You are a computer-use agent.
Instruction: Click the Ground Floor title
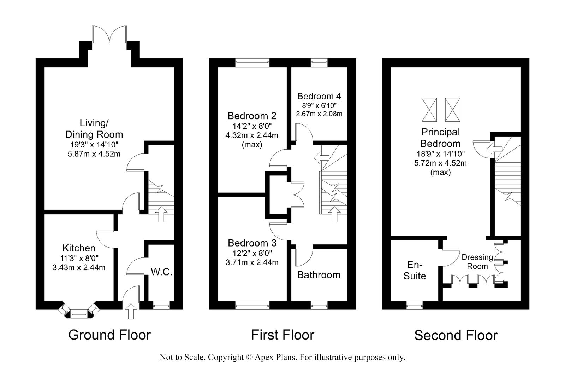pos(109,335)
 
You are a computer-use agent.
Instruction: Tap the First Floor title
pos(283,335)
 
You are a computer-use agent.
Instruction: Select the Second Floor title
pos(456,335)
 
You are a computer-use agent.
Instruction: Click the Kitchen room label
pos(79,248)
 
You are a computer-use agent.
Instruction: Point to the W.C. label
pos(161,272)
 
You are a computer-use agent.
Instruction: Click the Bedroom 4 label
pos(319,96)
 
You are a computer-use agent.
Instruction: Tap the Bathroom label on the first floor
pos(319,275)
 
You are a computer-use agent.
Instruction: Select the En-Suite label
pos(415,270)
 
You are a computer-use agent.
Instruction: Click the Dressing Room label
pos(477,262)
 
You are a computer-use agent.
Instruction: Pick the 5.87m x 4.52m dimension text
pos(94,154)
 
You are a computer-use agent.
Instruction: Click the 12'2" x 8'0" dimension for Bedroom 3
pos(252,253)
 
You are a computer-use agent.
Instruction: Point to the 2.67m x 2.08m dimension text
pos(319,114)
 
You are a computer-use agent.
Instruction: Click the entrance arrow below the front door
pos(131,311)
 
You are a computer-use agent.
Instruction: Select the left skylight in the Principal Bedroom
pos(429,110)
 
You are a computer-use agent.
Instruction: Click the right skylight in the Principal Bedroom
pos(452,110)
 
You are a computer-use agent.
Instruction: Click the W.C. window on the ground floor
pos(161,305)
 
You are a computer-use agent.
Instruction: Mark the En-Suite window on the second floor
pos(415,305)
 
